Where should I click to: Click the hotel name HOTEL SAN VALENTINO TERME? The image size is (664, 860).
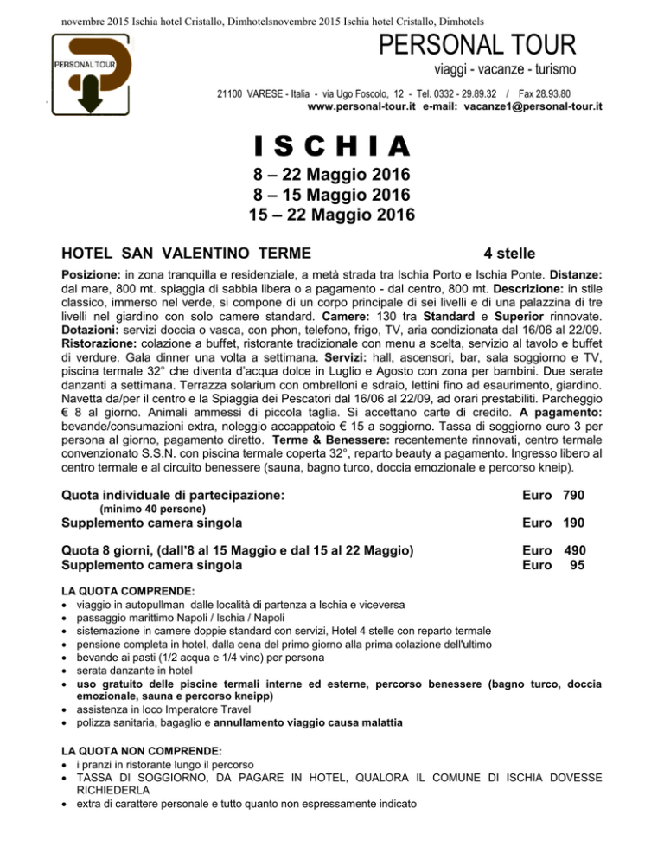[x=187, y=253]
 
